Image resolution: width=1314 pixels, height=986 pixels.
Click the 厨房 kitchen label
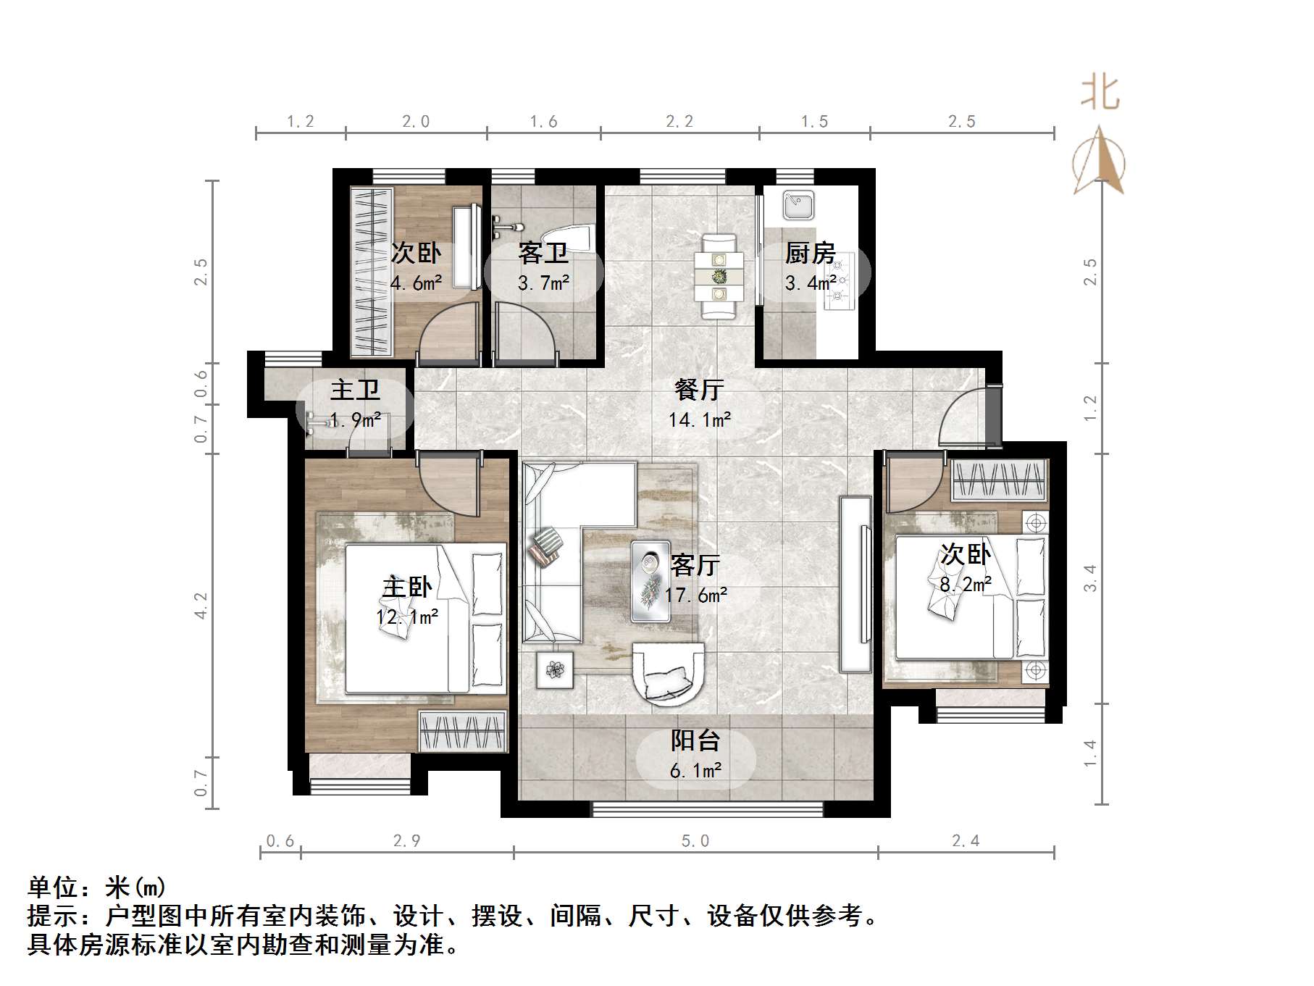point(810,253)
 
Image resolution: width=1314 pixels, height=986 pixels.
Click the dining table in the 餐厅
point(719,276)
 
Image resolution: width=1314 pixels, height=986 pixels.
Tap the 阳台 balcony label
point(695,740)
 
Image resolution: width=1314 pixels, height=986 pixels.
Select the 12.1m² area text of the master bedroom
point(406,617)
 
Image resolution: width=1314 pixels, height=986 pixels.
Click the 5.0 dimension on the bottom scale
point(695,841)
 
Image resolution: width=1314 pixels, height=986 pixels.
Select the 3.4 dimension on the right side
point(1090,578)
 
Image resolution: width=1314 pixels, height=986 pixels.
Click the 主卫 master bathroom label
point(355,390)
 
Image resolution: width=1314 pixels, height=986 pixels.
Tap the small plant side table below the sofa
point(554,670)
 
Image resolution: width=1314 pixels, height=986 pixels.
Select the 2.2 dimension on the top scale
point(679,122)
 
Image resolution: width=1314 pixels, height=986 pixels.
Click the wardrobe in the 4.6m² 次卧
point(371,272)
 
